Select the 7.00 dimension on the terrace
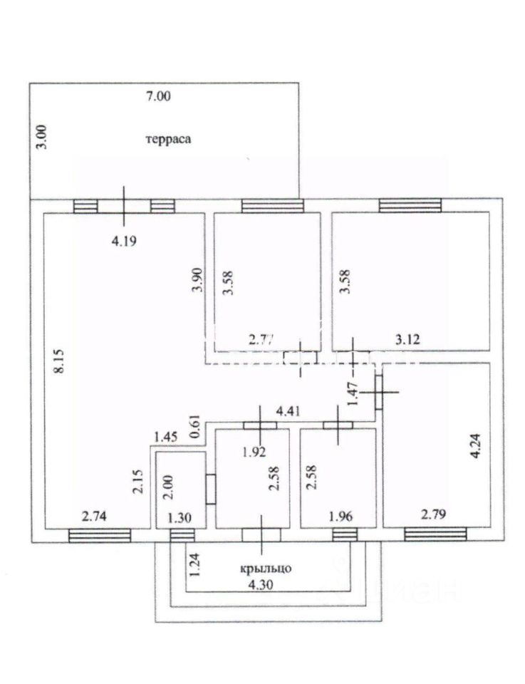point(159,98)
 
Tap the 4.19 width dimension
point(123,241)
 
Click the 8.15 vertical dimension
point(61,362)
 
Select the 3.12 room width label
point(408,340)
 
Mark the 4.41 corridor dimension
point(289,410)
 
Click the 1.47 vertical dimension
point(350,390)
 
